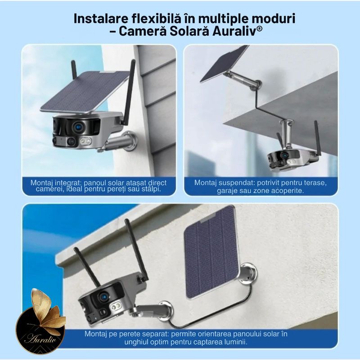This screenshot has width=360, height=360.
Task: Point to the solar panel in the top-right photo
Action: pos(224,64)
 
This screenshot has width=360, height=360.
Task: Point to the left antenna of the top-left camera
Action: pos(73,70)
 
